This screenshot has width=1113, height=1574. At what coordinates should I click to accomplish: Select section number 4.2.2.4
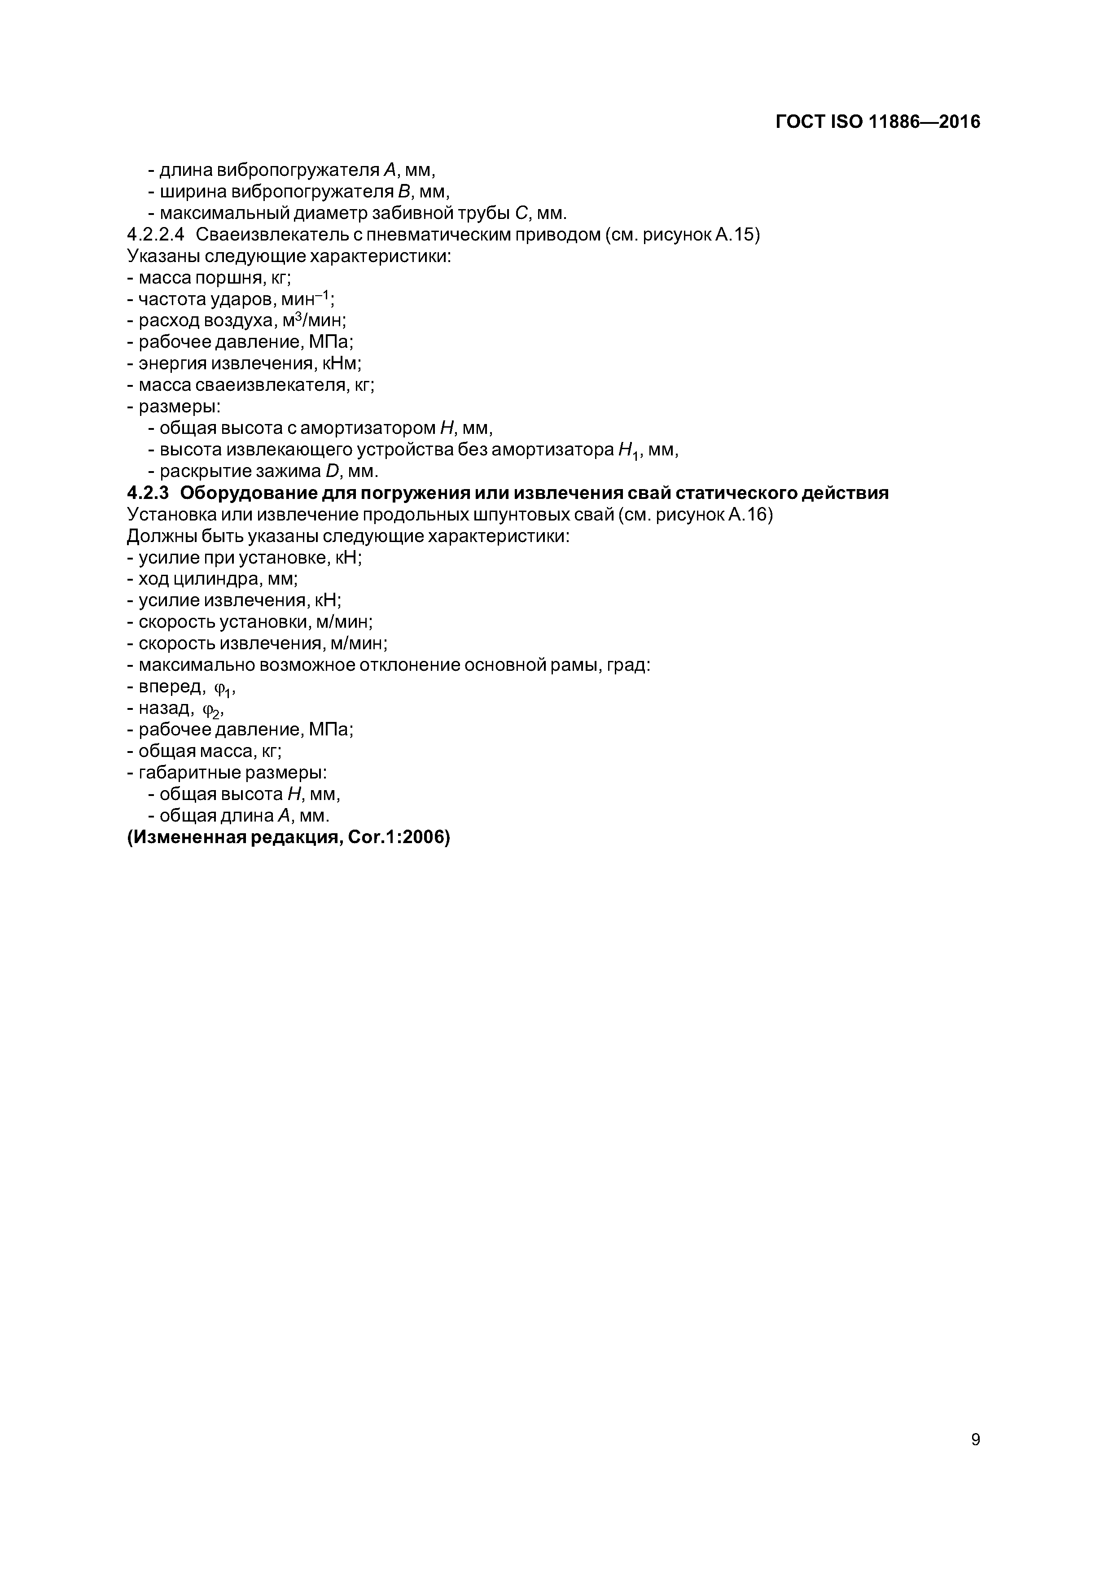156,235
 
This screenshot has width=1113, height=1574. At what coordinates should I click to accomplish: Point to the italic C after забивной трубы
521,213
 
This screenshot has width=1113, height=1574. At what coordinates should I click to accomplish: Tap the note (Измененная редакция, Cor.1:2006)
288,837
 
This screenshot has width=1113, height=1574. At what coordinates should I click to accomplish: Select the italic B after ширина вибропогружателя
404,191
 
